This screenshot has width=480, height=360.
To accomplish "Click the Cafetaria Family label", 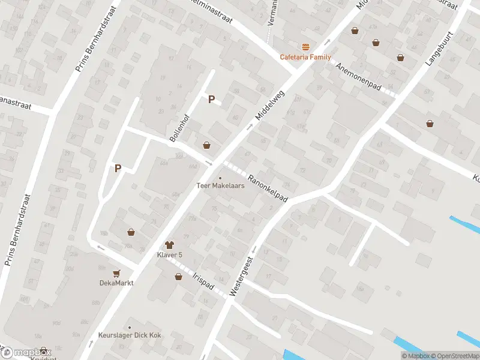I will click(305, 57).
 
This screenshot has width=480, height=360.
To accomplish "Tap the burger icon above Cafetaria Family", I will click(306, 47).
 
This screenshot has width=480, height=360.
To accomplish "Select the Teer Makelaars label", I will click(220, 185).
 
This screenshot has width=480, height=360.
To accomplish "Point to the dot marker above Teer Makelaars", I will click(220, 178).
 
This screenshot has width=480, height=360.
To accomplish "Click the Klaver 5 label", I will click(170, 255).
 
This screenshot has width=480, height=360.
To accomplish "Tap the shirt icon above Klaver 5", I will click(170, 245).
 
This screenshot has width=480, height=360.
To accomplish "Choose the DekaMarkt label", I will click(116, 283).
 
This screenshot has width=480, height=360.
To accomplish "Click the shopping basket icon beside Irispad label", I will click(178, 277).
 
